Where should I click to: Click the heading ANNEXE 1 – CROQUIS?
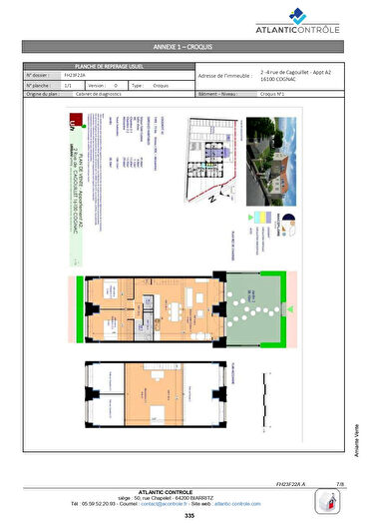click(x=185, y=47)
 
